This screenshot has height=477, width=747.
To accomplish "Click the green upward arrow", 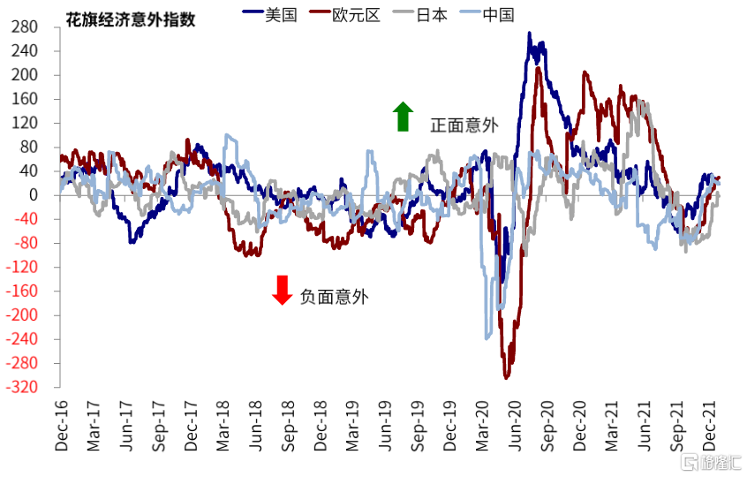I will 403,117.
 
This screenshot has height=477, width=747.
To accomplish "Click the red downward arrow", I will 282,290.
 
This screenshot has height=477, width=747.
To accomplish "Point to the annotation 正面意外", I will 464,125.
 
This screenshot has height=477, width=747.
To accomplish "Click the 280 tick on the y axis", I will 25,27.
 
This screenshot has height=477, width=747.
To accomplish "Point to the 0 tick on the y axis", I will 33,195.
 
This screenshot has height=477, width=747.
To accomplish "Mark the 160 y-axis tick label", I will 25,99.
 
